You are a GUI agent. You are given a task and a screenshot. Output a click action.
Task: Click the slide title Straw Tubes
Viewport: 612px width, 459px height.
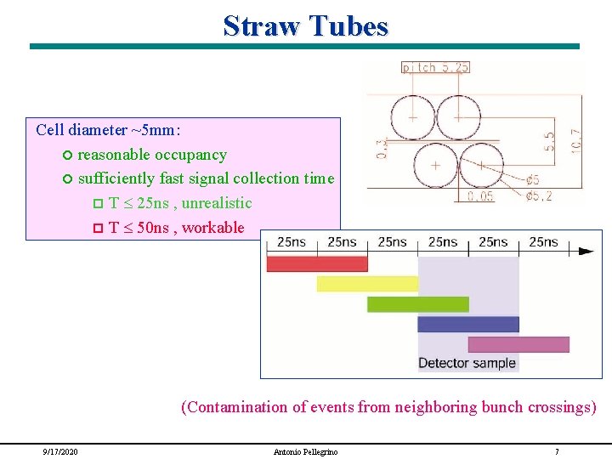(x=305, y=25)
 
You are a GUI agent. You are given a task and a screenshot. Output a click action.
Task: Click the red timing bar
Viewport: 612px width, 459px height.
(x=316, y=263)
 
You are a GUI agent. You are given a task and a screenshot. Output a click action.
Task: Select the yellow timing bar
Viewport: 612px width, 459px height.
(x=367, y=284)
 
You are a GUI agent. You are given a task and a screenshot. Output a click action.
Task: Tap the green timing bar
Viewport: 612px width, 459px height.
(x=417, y=304)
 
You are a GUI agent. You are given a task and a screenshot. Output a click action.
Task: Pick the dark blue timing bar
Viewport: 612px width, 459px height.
(x=467, y=324)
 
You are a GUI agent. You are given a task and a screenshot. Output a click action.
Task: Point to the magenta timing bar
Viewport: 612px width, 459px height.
(x=518, y=344)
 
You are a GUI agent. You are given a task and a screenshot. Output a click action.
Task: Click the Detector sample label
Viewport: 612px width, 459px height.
(x=467, y=363)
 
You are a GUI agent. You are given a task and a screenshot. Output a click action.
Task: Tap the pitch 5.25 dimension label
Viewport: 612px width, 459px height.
(x=435, y=67)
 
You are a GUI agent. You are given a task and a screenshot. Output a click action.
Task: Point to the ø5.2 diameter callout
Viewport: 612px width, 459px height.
(x=539, y=196)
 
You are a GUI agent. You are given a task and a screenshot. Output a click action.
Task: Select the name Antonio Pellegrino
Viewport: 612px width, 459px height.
(x=305, y=451)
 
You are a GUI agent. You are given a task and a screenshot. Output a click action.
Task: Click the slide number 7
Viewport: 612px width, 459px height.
(x=556, y=451)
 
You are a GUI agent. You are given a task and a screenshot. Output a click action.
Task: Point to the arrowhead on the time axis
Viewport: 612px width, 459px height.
(x=586, y=251)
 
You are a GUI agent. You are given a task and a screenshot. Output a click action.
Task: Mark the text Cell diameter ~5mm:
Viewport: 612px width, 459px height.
(x=108, y=130)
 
